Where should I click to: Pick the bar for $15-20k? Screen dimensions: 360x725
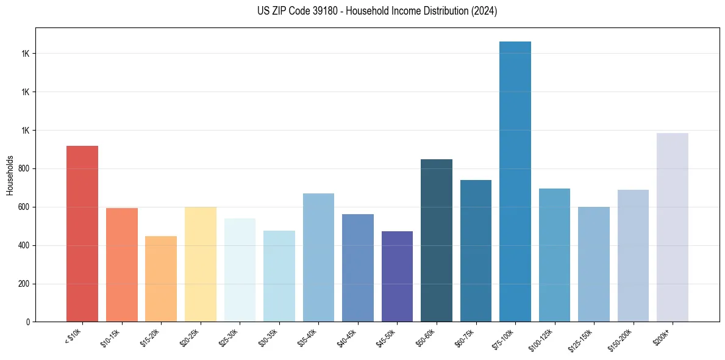coord(161,279)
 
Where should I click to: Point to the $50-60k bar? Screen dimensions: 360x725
coord(437,240)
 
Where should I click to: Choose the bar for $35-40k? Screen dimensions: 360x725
coord(318,257)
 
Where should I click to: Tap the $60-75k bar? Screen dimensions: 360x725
coord(476,251)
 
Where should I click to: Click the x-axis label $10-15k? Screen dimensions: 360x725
coord(111,337)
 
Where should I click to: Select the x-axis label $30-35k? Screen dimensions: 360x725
coord(268,337)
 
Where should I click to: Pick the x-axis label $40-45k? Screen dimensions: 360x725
coord(347,337)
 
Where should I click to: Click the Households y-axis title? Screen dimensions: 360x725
coord(10,175)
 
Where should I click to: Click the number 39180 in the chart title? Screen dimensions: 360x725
coord(321,11)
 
